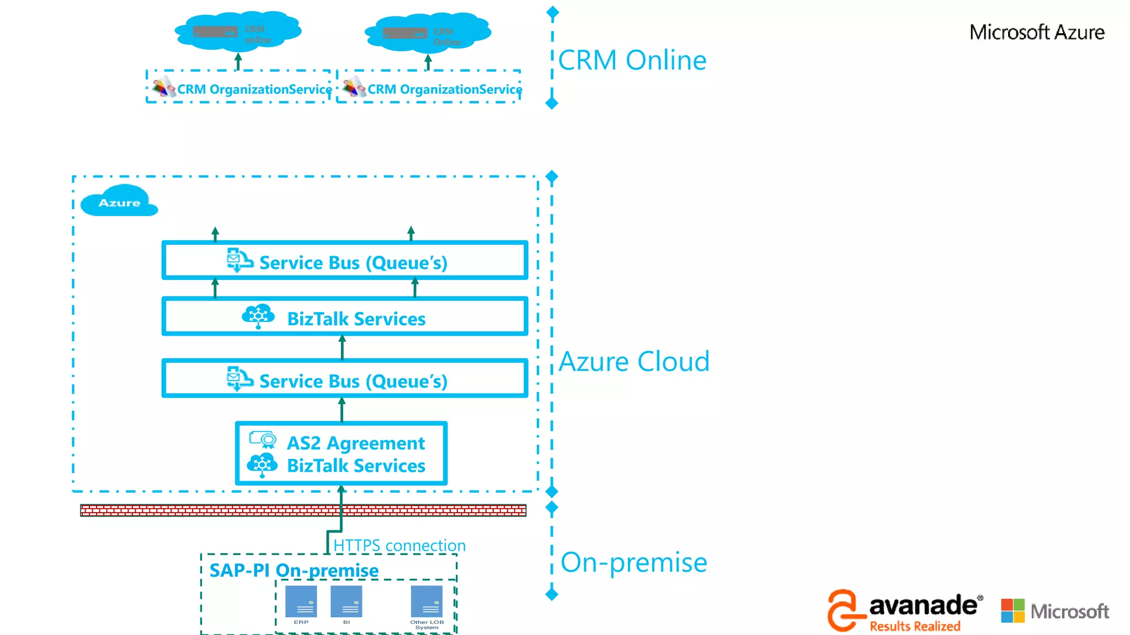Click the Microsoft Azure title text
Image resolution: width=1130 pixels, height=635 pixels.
(1036, 33)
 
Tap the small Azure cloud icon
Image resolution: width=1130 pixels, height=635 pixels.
(119, 202)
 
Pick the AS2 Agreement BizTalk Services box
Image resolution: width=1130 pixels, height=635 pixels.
(341, 454)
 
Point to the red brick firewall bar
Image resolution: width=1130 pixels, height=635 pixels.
(302, 510)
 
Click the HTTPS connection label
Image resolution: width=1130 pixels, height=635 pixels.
(399, 545)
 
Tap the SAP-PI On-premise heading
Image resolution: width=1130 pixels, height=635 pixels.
(294, 570)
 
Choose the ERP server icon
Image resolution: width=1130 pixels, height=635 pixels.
(301, 602)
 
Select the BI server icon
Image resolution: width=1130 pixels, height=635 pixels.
(346, 602)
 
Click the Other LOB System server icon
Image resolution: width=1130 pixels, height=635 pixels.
(427, 602)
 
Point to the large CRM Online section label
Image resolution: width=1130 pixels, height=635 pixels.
(632, 60)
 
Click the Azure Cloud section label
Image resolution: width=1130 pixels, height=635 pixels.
(633, 362)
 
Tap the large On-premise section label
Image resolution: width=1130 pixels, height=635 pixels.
(633, 562)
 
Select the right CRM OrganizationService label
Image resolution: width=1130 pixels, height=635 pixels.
(444, 89)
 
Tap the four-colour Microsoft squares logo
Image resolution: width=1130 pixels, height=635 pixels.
(1012, 611)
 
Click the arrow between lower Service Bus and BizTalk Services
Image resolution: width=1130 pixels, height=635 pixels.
(342, 347)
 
